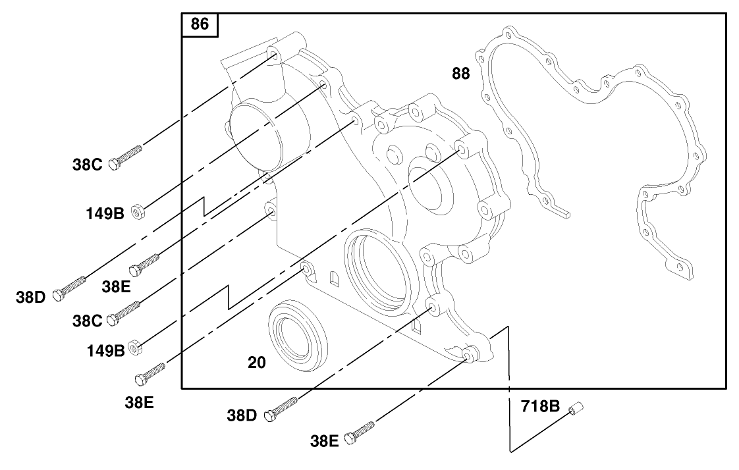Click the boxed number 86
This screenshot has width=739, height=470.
point(199,25)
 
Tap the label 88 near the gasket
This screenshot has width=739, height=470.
point(461,74)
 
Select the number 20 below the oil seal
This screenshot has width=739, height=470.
point(257,362)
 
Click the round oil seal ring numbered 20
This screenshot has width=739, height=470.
point(298,335)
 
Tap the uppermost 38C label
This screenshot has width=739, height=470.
point(87,165)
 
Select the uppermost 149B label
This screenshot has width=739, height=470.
point(105,213)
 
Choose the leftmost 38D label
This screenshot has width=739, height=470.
point(31,297)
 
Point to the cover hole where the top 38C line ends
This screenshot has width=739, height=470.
point(273,53)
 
